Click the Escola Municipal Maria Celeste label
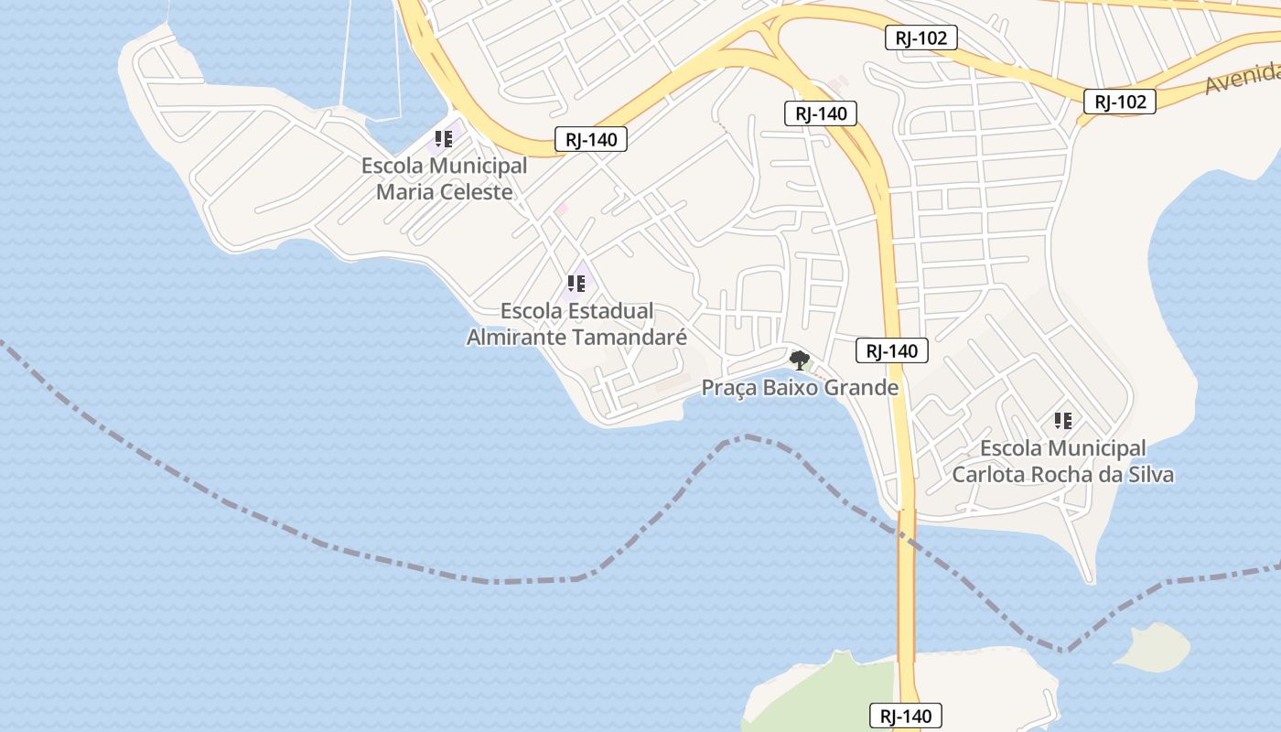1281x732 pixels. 445,179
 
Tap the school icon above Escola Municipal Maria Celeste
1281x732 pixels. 444,140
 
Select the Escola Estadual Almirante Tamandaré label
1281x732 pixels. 576,324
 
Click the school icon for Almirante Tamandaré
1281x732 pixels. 576,284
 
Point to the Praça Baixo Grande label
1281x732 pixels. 800,388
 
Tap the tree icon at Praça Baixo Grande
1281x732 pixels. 800,360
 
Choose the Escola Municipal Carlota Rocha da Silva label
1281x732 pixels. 1062,461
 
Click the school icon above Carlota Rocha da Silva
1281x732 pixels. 1063,421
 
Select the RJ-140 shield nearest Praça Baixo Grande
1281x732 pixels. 892,350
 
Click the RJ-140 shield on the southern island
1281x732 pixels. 905,716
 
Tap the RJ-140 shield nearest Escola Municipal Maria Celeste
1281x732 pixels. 591,140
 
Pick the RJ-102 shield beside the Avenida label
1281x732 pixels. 1120,102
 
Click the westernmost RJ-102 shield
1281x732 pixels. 921,38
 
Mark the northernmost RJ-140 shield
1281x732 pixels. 821,113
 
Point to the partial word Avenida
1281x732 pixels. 1243,79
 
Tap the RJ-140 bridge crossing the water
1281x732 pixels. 906,586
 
